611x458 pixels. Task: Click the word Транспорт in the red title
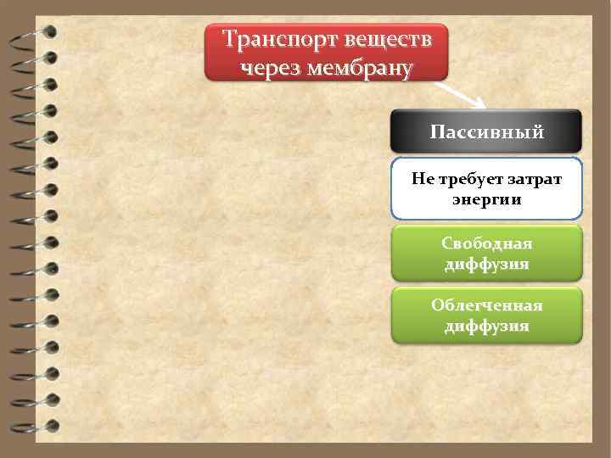click(x=269, y=40)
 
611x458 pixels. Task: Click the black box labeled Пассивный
click(x=486, y=132)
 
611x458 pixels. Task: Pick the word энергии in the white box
click(x=486, y=200)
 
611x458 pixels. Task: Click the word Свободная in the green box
click(x=486, y=243)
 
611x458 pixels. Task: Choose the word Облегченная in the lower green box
click(x=486, y=305)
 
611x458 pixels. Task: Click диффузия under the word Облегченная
click(x=486, y=326)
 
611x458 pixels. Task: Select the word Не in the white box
click(x=422, y=179)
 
